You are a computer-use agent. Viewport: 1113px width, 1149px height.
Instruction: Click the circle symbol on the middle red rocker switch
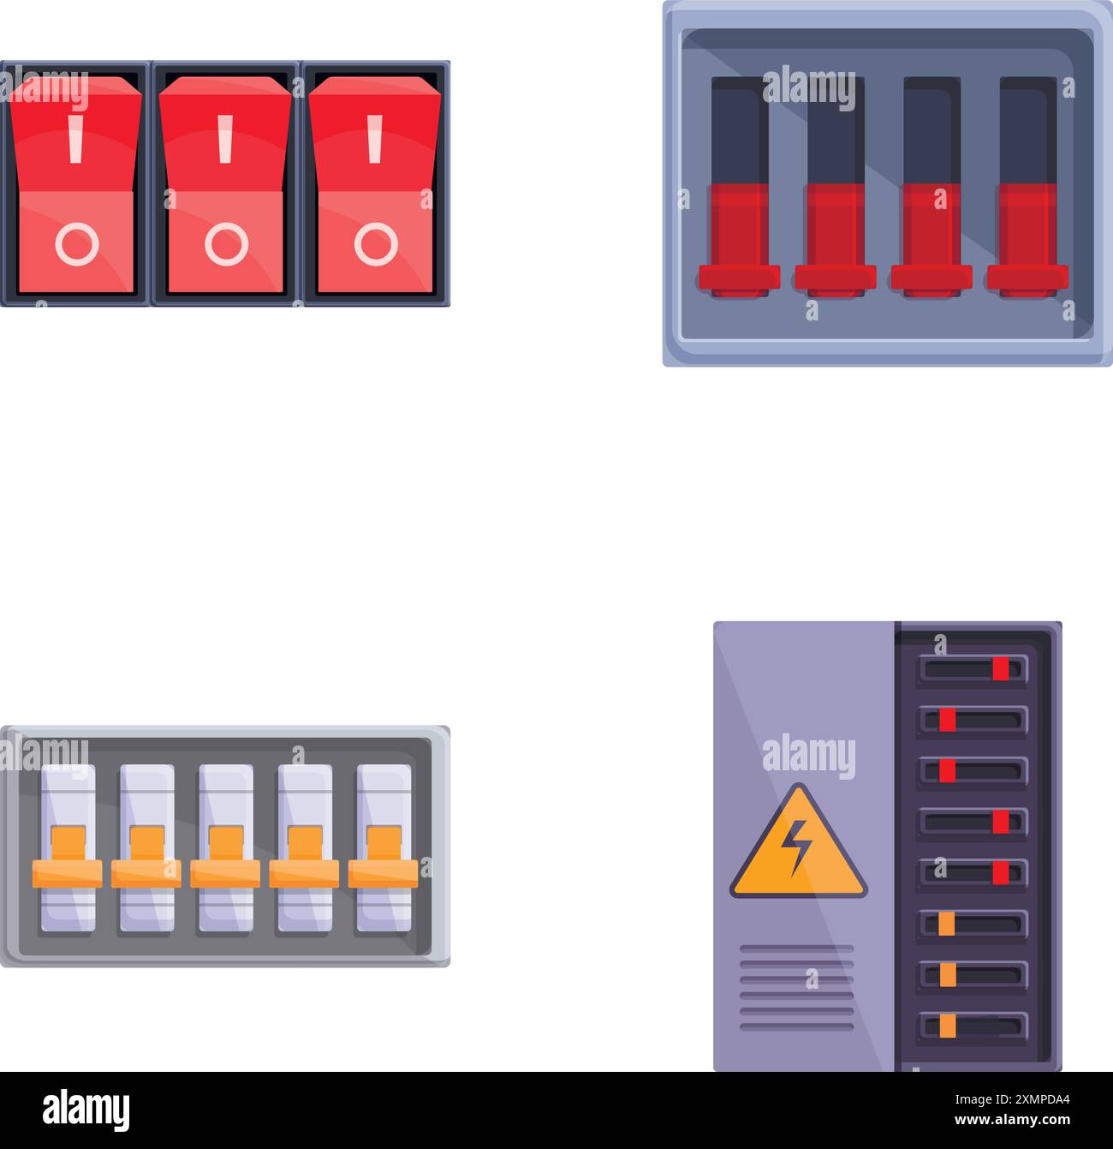(226, 244)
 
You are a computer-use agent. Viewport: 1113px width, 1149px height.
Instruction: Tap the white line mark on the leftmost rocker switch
(76, 140)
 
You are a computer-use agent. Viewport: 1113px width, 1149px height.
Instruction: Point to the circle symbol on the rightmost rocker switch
(376, 244)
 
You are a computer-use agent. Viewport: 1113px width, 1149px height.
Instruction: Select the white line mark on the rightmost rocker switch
(374, 140)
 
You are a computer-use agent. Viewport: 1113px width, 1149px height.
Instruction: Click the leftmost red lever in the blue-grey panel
(739, 240)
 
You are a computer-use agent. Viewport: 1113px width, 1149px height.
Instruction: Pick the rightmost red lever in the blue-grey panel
(1027, 240)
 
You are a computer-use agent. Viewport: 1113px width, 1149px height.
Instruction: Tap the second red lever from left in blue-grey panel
(835, 240)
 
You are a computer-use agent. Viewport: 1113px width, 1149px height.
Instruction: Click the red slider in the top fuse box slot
(1000, 669)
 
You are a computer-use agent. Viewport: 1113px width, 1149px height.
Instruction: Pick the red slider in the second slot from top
(947, 720)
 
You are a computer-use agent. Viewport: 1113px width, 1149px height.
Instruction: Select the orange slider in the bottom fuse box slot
(947, 1026)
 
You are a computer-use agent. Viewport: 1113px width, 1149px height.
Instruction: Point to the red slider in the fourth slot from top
(1000, 822)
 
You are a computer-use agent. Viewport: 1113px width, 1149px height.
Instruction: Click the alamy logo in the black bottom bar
(86, 1110)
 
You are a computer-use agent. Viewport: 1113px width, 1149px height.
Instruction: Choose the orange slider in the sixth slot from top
(946, 924)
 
